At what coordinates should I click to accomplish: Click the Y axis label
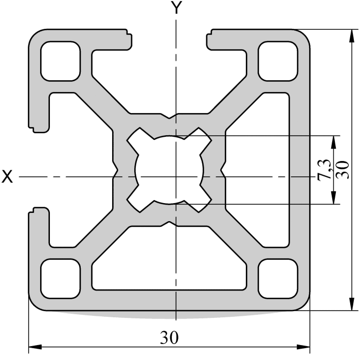point(177,8)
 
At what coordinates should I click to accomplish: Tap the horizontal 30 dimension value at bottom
point(169,338)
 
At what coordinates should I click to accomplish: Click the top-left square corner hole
point(61,61)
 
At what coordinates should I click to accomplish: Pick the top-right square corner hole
point(278,61)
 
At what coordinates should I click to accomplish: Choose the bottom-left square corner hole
point(61,278)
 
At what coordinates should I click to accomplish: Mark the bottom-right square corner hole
point(278,278)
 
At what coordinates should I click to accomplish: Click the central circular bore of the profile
point(170,170)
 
